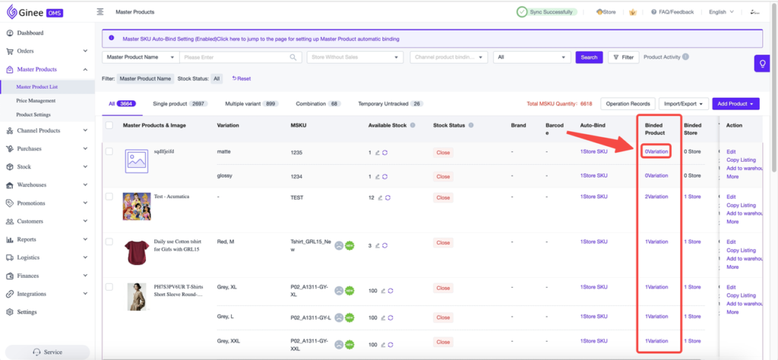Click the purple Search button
click(x=588, y=57)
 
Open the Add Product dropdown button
click(x=737, y=103)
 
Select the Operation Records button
click(x=627, y=103)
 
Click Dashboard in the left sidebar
click(x=30, y=33)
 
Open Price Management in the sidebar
click(x=36, y=100)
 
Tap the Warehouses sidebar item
click(x=32, y=185)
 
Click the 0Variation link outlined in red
click(x=656, y=152)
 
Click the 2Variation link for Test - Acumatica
click(x=656, y=197)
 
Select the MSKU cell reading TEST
click(x=298, y=197)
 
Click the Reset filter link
click(x=242, y=78)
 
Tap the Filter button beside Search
click(x=622, y=57)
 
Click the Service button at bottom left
click(x=47, y=352)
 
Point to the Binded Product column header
click(x=656, y=129)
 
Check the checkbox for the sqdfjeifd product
click(x=109, y=152)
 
